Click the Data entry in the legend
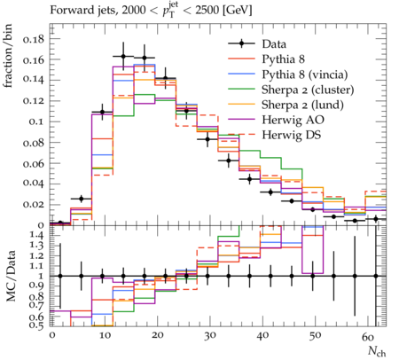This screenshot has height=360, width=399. click(x=274, y=44)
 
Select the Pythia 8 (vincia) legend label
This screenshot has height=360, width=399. click(x=304, y=74)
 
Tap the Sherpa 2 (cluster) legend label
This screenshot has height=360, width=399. click(x=308, y=90)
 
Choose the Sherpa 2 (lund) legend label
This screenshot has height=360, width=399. click(x=302, y=105)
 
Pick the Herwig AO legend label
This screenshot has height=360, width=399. click(x=293, y=120)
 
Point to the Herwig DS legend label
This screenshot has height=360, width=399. click(x=292, y=135)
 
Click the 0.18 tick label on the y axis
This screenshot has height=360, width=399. click(x=34, y=39)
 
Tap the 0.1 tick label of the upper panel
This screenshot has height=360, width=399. click(x=36, y=121)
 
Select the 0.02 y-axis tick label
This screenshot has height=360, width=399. click(x=34, y=205)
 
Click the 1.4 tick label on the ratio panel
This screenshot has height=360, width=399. click(x=36, y=236)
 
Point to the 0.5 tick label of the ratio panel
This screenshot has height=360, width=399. click(x=36, y=325)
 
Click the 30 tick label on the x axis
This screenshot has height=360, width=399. click(x=210, y=336)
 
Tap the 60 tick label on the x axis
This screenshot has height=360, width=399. click(x=368, y=336)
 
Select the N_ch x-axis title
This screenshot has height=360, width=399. click(x=377, y=351)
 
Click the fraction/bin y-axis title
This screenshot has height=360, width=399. click(x=8, y=56)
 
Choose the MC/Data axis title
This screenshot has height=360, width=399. click(x=11, y=276)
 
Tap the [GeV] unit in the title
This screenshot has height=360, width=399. click(x=237, y=11)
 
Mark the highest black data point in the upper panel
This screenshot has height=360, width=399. click(x=123, y=57)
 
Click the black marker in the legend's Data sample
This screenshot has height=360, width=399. click(x=242, y=44)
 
